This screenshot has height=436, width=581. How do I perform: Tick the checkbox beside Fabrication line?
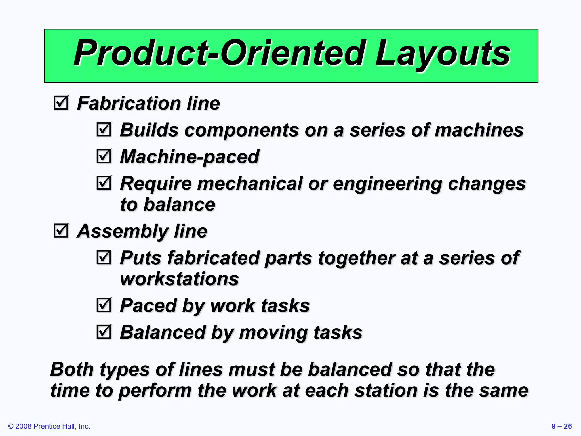[x=61, y=103]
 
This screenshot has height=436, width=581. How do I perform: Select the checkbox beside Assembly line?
[x=61, y=230]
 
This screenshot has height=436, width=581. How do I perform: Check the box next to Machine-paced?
[x=104, y=156]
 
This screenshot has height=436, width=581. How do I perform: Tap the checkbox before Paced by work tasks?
[x=104, y=305]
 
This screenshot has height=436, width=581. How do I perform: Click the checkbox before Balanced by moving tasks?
[x=104, y=332]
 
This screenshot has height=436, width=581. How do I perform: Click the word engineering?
[x=387, y=184]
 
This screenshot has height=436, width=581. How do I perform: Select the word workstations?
[x=179, y=279]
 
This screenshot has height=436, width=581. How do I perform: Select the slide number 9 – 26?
[x=561, y=426]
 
